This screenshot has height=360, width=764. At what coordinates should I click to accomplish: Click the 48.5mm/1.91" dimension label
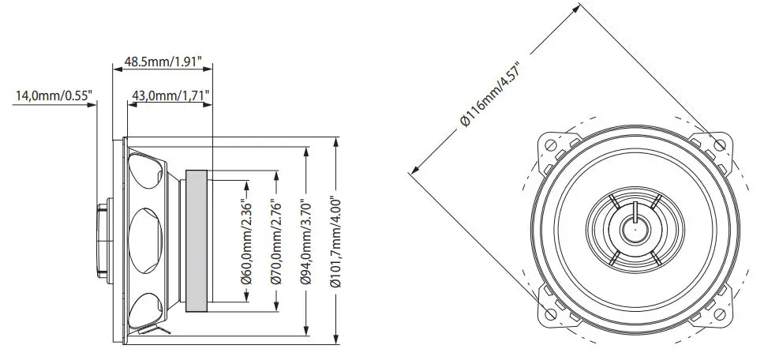click(163, 60)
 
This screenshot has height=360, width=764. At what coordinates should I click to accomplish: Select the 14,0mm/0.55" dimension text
click(54, 96)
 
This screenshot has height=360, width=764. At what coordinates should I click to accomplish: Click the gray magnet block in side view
click(197, 242)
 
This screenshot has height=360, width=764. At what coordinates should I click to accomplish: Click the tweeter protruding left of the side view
click(103, 242)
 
